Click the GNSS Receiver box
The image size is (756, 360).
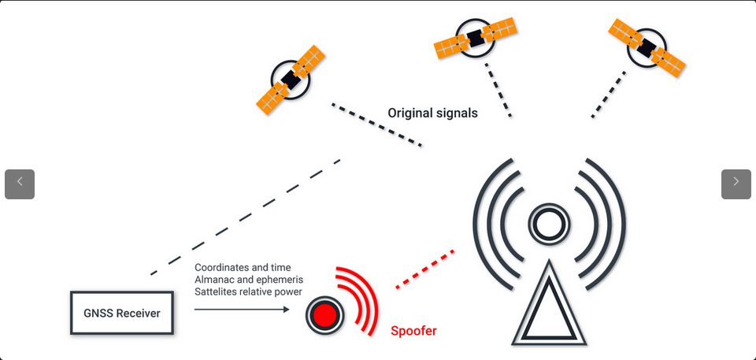[x=122, y=314]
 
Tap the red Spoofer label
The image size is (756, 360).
[x=413, y=331]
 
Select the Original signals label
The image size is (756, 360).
[x=432, y=113]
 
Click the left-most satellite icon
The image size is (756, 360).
[x=291, y=79]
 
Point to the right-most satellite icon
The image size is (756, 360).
[x=646, y=47]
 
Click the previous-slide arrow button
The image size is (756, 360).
[x=20, y=184]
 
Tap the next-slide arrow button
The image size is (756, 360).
[x=736, y=184]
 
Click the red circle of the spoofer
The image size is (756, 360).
[x=324, y=315]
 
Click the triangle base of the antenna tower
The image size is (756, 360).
[x=550, y=315]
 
